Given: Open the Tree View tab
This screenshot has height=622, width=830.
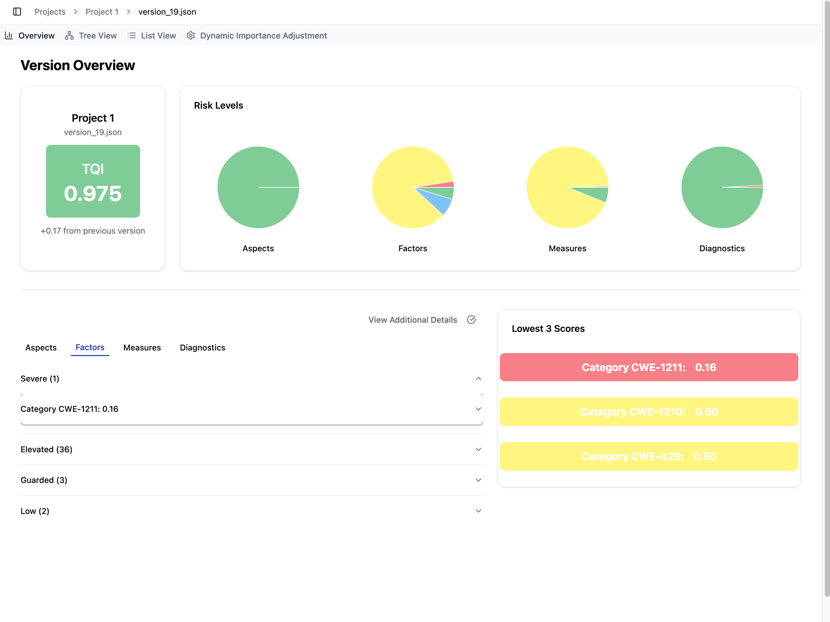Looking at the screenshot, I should click(x=91, y=36).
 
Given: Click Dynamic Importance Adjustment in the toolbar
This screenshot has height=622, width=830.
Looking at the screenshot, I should click(x=257, y=36).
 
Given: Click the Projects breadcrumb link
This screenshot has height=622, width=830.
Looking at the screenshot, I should click(x=50, y=12).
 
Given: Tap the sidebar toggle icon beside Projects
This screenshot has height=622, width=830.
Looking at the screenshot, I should click(x=17, y=12).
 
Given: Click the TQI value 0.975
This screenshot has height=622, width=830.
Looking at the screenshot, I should click(x=93, y=194).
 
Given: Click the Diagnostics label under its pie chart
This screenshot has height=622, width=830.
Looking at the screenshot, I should click(x=722, y=248).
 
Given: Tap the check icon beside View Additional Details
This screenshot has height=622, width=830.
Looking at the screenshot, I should click(x=471, y=319).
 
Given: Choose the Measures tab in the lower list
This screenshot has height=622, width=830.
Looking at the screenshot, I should click(x=142, y=348).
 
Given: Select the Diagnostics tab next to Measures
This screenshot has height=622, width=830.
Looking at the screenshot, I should click(x=202, y=348).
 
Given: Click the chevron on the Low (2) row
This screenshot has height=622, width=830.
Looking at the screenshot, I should click(x=478, y=511).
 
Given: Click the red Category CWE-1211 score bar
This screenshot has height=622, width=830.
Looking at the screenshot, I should click(x=648, y=367).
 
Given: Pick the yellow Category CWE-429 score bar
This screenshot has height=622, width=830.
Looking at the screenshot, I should click(x=648, y=456).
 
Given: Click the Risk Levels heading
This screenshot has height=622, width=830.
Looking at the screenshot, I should click(x=218, y=105).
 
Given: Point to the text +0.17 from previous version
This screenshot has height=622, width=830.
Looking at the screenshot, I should click(x=93, y=231).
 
